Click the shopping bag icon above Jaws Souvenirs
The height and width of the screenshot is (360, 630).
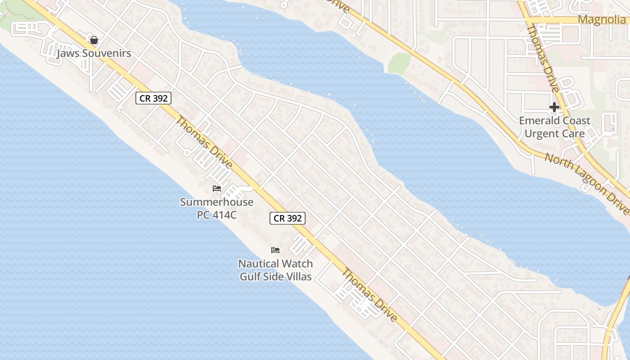pyautogui.click(x=94, y=40)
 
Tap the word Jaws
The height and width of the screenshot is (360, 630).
pyautogui.click(x=68, y=54)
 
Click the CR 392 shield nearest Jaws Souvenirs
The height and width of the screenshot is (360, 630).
pyautogui.click(x=153, y=98)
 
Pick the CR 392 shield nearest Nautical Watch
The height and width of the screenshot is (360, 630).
pyautogui.click(x=288, y=218)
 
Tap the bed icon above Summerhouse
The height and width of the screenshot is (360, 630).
pyautogui.click(x=217, y=189)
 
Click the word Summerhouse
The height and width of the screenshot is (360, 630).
pyautogui.click(x=217, y=202)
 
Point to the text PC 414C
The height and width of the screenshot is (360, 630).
pyautogui.click(x=217, y=215)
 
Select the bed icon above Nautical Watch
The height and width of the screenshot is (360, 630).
pyautogui.click(x=275, y=250)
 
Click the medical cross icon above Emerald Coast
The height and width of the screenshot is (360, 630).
pyautogui.click(x=554, y=107)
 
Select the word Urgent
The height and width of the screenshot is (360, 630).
pyautogui.click(x=541, y=134)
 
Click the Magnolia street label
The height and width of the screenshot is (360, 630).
pyautogui.click(x=601, y=20)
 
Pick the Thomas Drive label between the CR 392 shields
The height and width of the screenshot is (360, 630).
pyautogui.click(x=204, y=143)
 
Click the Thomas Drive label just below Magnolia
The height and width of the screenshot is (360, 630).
pyautogui.click(x=543, y=58)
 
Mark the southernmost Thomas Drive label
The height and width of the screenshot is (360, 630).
pyautogui.click(x=369, y=295)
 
